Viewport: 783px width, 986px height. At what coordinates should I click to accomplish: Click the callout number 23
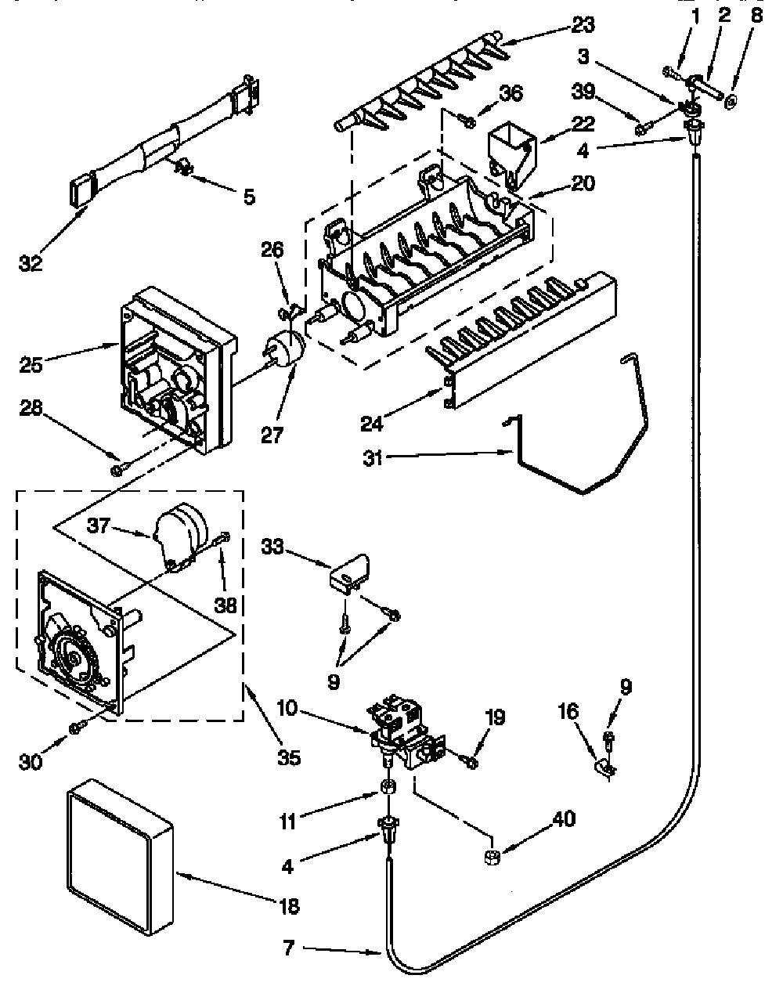[x=583, y=25]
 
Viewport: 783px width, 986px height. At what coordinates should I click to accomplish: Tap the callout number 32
[x=31, y=263]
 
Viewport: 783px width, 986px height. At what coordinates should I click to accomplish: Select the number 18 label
[x=289, y=906]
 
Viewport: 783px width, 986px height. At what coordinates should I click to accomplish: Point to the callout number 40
[x=564, y=818]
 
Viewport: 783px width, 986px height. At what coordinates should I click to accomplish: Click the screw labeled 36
[x=467, y=121]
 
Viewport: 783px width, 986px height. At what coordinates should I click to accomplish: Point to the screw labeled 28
[x=117, y=469]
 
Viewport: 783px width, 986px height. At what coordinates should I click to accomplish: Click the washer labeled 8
[x=731, y=101]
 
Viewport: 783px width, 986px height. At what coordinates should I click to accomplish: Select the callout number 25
[x=31, y=365]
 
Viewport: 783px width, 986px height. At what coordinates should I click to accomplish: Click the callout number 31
[x=372, y=457]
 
